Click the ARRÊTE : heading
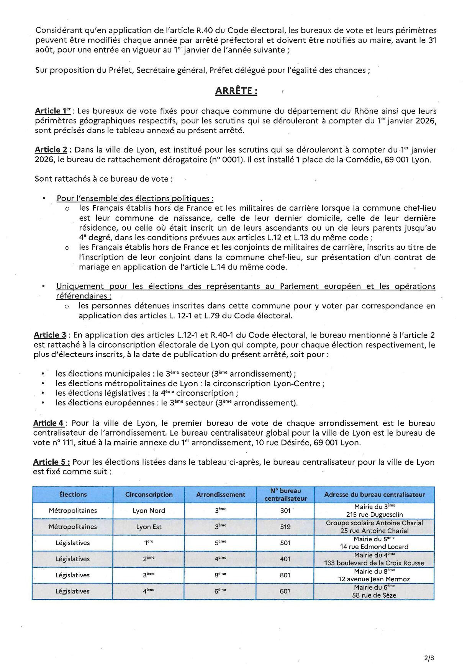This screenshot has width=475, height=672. [236, 91]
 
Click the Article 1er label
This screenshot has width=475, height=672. [53, 111]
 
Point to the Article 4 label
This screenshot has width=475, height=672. [49, 423]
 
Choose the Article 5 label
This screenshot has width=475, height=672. [51, 462]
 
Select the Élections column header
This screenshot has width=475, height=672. [73, 494]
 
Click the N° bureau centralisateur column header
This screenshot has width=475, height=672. [285, 494]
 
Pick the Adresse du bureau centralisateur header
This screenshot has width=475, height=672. [374, 494]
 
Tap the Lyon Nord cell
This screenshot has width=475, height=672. [149, 510]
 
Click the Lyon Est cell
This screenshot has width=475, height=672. [149, 526]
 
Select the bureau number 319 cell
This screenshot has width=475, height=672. [285, 526]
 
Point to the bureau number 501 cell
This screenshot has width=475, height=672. [285, 543]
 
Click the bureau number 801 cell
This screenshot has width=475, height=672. [285, 575]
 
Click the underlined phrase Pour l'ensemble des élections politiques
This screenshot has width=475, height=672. [135, 198]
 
